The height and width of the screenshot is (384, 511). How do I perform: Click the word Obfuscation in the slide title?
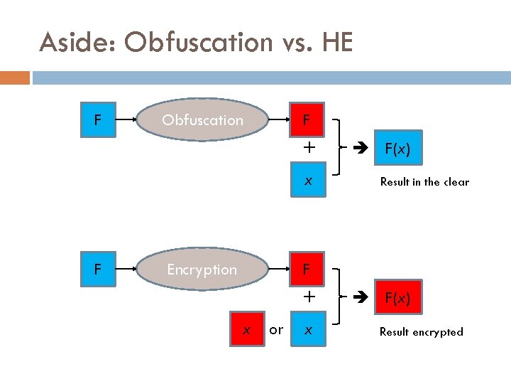[199, 43]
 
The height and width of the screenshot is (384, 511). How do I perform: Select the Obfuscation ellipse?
[202, 120]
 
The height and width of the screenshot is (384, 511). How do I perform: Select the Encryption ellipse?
[202, 270]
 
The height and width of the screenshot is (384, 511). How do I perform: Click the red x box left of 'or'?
[246, 330]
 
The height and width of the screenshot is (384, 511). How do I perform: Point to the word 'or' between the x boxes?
[277, 330]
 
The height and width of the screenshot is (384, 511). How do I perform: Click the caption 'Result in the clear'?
[424, 182]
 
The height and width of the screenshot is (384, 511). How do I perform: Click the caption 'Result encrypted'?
[421, 331]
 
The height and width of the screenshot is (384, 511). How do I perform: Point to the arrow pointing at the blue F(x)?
[359, 150]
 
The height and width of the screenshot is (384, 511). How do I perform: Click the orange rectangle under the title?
[15, 77]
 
